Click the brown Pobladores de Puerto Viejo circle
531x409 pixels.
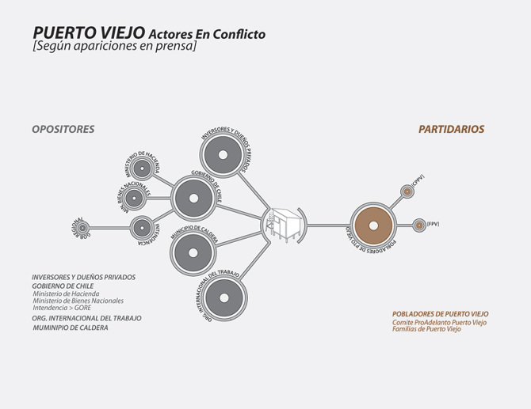coord(372,225)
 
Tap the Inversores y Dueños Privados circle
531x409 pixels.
coord(224,155)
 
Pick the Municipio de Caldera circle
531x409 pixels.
coord(191,252)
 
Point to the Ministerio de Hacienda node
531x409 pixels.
coord(143,168)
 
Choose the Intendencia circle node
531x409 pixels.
coord(143,229)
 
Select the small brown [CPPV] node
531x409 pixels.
coord(407,191)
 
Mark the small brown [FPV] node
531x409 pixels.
coord(419,225)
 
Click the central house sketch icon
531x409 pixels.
coord(282,225)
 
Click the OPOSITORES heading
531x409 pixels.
coord(63,130)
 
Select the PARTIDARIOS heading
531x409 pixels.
coord(451,130)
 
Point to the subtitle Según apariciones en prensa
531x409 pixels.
coord(114,47)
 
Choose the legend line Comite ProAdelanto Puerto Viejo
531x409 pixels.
coord(439,322)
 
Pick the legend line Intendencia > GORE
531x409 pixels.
coord(62,308)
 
